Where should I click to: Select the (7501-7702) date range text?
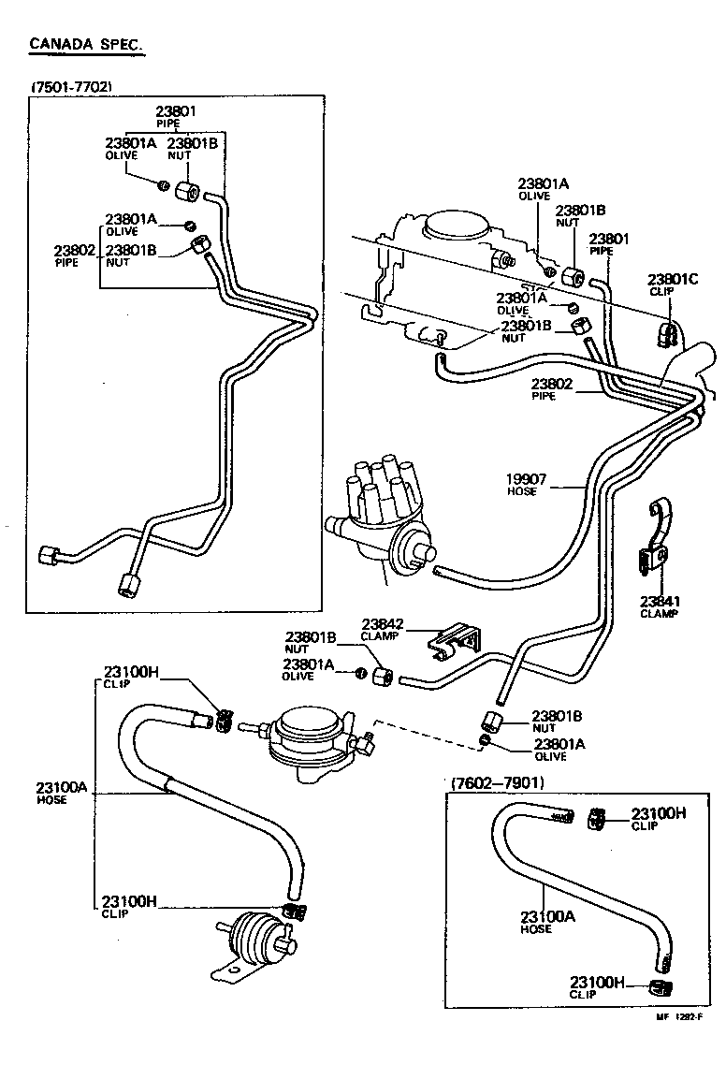pyautogui.click(x=72, y=87)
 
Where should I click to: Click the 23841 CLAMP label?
pyautogui.click(x=659, y=606)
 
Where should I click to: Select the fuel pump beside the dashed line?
pyautogui.click(x=308, y=733)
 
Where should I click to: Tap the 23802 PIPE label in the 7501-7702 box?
pyautogui.click(x=74, y=255)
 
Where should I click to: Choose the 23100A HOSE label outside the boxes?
pyautogui.click(x=62, y=793)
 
